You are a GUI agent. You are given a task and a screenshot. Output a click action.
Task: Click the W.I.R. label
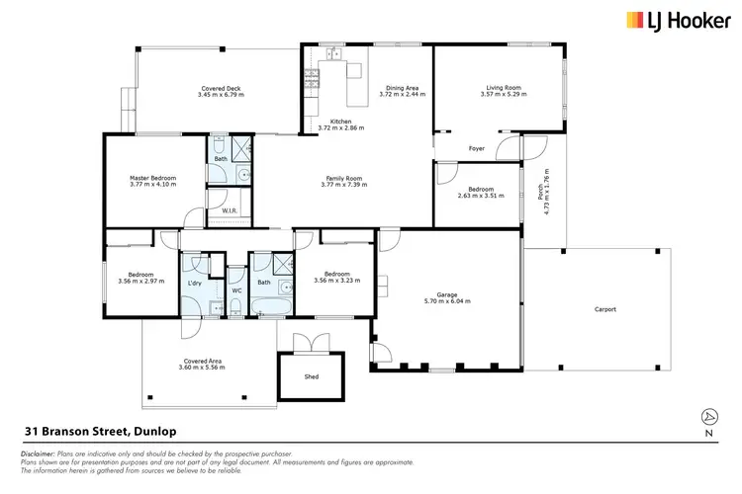click(x=229, y=210)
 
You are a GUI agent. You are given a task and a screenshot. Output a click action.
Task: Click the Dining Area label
click(x=405, y=88)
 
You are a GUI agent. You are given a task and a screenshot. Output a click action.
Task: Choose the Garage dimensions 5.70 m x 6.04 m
click(x=447, y=300)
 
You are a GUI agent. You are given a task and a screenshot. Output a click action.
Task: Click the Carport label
click(x=604, y=309)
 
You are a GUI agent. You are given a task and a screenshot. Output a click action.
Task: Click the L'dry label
click(x=195, y=284)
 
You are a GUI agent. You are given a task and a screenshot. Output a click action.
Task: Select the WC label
click(x=236, y=290)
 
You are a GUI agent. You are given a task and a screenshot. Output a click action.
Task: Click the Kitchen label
click(x=341, y=122)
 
